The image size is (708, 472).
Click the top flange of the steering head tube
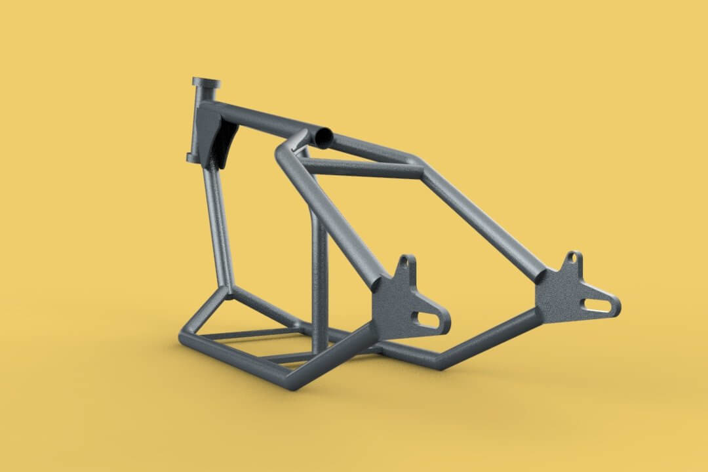pyautogui.click(x=206, y=83)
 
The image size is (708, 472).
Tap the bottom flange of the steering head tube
pyautogui.click(x=195, y=157)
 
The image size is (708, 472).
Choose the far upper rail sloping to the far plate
pyautogui.click(x=485, y=216)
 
